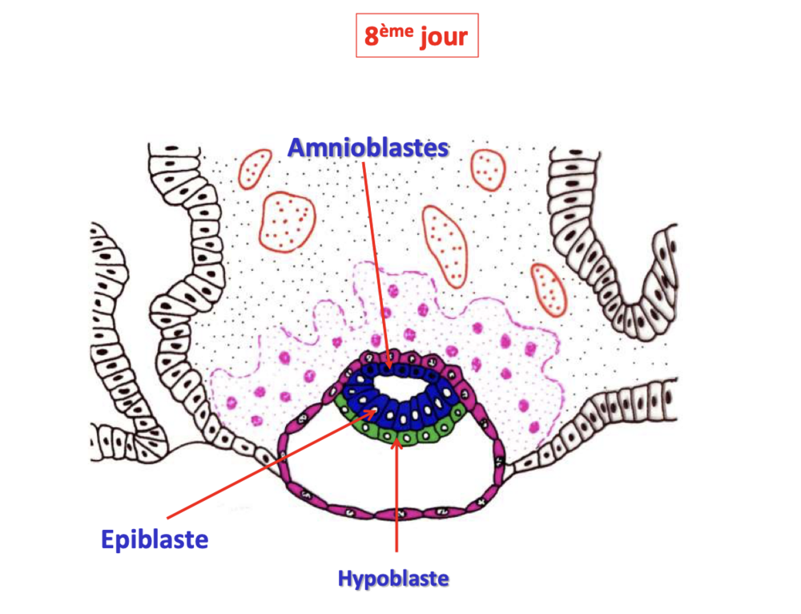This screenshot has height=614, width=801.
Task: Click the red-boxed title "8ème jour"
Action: (417, 35)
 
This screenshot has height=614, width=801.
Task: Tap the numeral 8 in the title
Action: (372, 37)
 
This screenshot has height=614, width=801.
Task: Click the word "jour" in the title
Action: (444, 37)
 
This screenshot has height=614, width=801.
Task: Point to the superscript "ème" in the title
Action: (396, 31)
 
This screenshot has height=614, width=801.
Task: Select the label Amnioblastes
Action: (368, 147)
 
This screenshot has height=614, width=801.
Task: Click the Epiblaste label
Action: (155, 539)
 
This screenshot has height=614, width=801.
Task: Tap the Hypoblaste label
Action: (393, 579)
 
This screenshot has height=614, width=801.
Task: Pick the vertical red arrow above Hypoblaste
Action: (396, 495)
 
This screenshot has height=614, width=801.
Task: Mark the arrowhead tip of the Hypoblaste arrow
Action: (396, 438)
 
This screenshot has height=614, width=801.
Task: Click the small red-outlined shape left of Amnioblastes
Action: (255, 168)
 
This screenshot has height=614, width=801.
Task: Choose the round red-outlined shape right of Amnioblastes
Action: (488, 170)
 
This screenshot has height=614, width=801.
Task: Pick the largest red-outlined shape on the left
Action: (288, 222)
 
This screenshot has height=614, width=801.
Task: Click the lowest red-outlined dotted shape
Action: (549, 289)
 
